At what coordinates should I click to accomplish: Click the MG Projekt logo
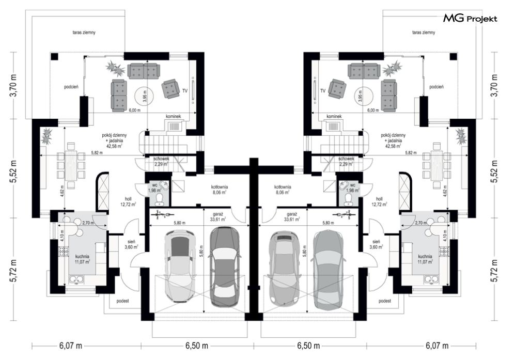[x=471, y=19]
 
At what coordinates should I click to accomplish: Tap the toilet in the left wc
[x=160, y=198]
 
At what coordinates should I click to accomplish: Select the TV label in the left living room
[x=185, y=91]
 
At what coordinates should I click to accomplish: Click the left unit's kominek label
[x=174, y=116]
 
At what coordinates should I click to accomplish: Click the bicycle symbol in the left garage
[x=163, y=215]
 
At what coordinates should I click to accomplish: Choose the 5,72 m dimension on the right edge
[x=495, y=271]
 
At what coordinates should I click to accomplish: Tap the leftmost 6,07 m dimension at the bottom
[x=70, y=346]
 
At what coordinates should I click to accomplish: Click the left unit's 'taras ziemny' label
[x=84, y=33]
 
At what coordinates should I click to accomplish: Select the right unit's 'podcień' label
[x=437, y=87]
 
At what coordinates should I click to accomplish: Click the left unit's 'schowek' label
[x=161, y=159]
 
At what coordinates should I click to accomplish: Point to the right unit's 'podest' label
[x=384, y=301]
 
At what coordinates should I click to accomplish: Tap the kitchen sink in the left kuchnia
[x=76, y=279]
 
